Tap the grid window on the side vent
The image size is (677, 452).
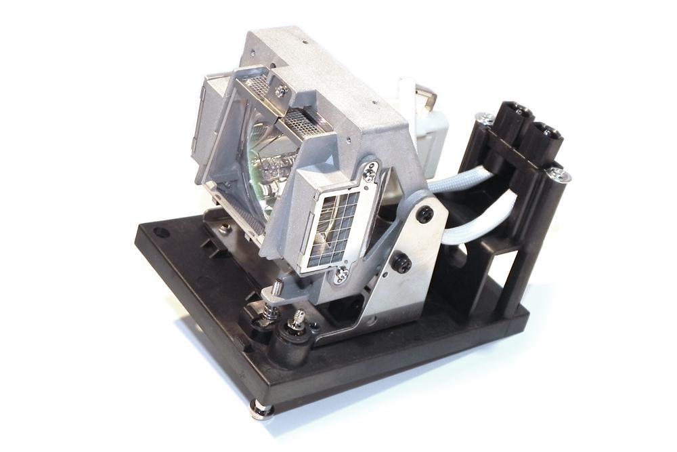(x=331, y=227)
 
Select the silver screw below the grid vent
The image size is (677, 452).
(x=341, y=273)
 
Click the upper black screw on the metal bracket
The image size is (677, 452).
(x=424, y=214)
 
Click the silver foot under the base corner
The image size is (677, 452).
(x=261, y=408)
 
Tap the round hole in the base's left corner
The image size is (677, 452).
(x=160, y=232)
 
